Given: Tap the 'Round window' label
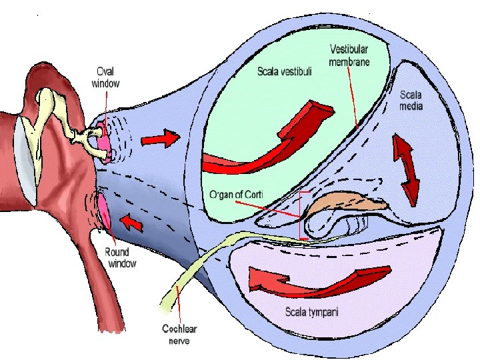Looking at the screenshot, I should [x=121, y=257].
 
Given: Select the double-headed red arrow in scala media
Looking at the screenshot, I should [x=406, y=169].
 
